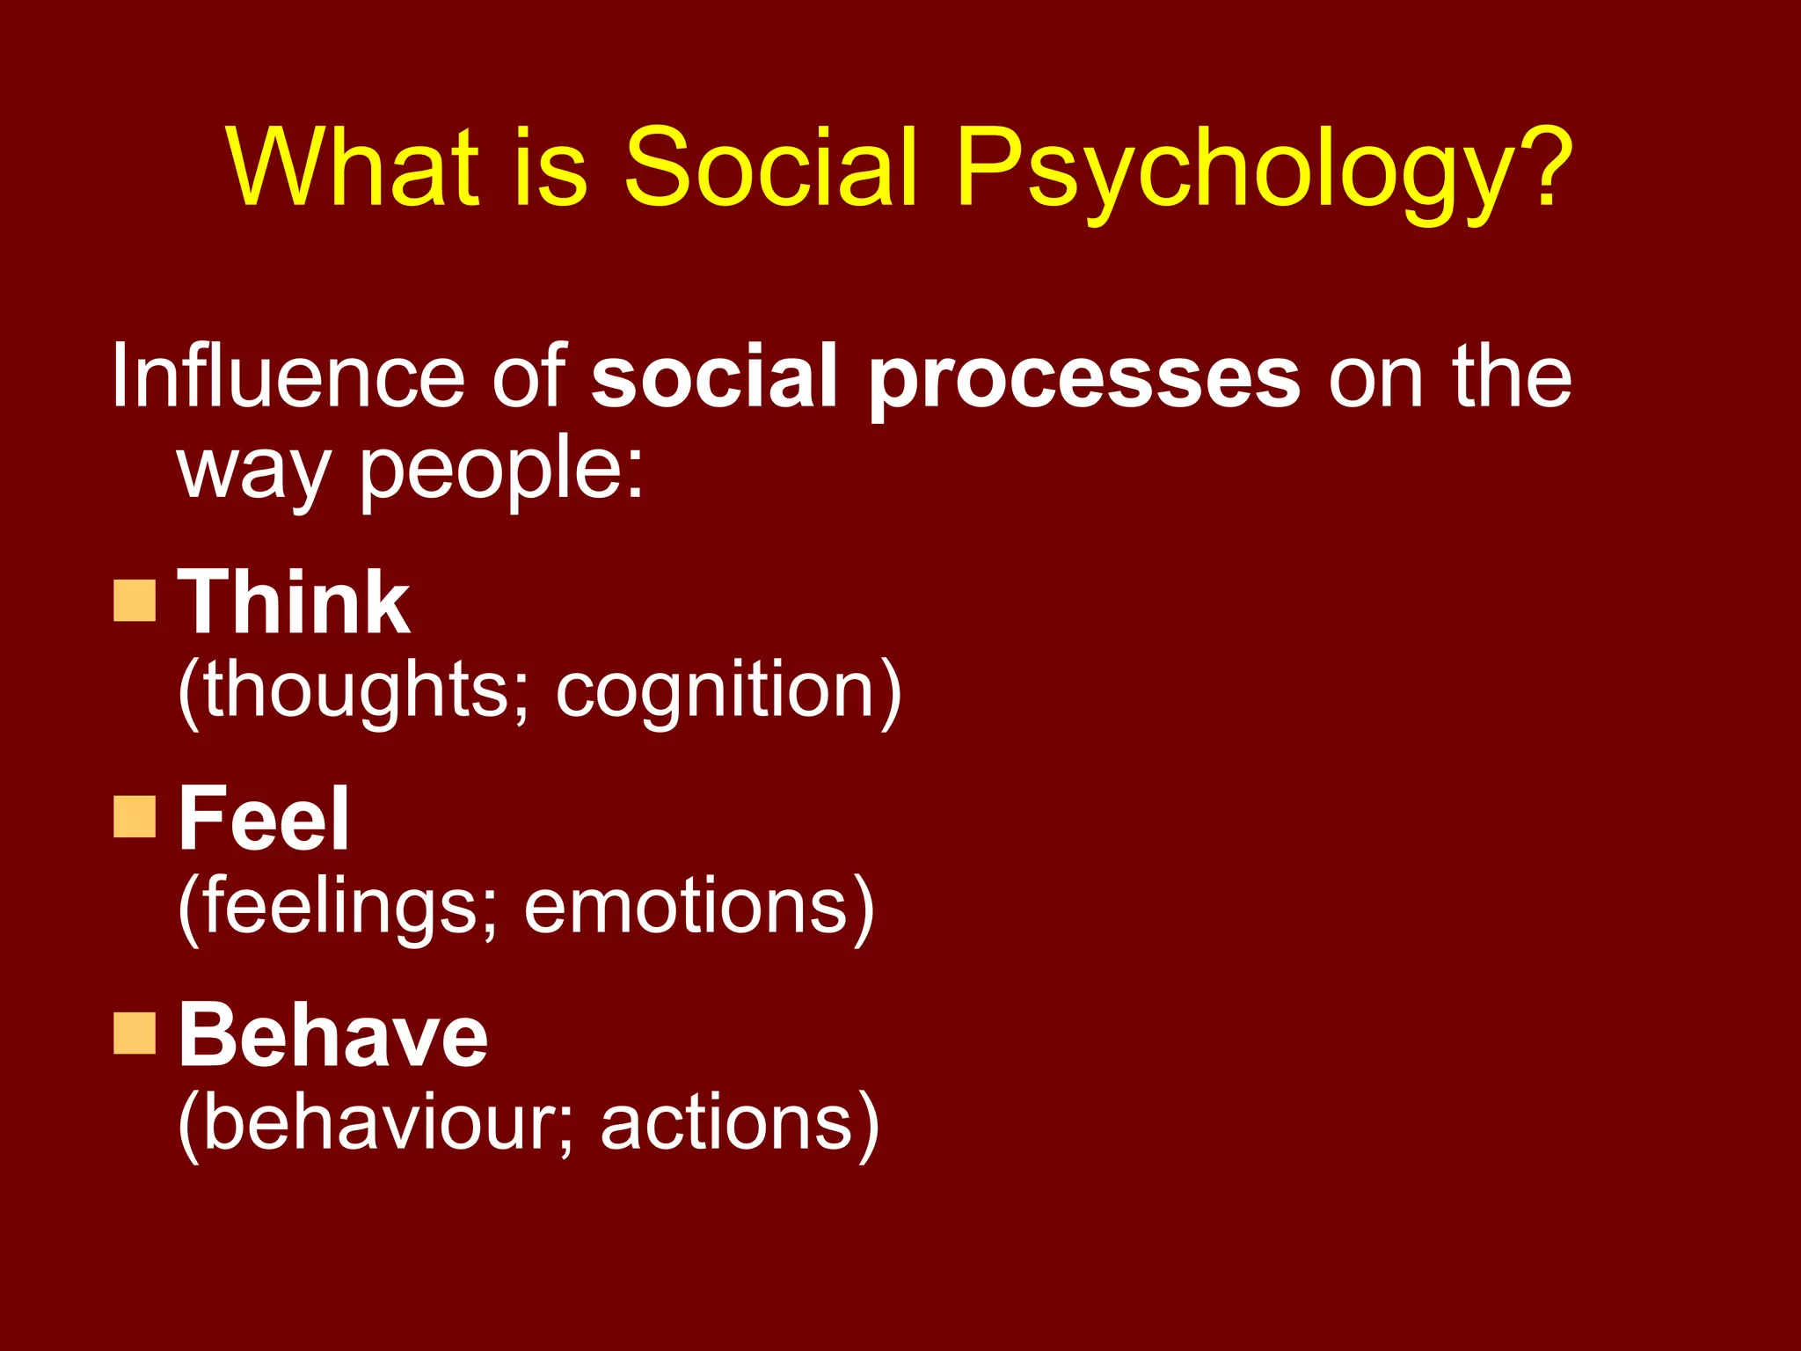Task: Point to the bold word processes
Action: click(x=1083, y=383)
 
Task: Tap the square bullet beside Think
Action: click(x=135, y=601)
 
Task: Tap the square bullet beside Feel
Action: click(x=135, y=816)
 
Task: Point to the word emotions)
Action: click(x=699, y=908)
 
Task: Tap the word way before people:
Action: click(x=253, y=471)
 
